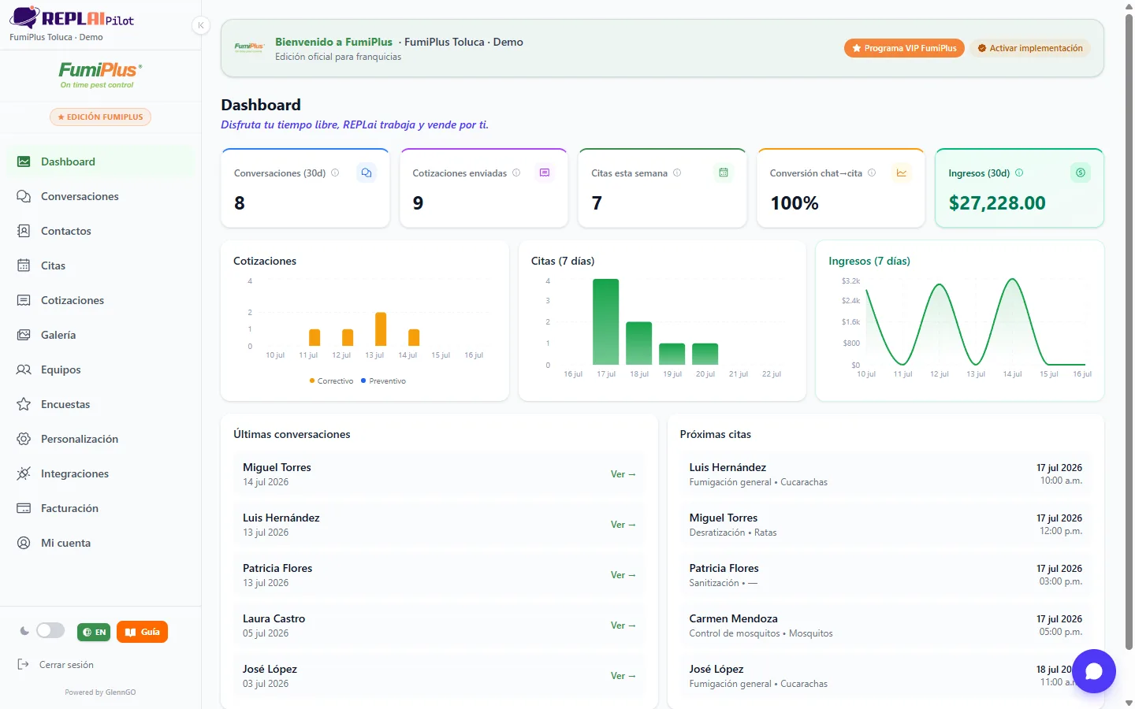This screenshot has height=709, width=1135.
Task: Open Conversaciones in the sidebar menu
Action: (80, 196)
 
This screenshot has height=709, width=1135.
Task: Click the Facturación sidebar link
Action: (69, 508)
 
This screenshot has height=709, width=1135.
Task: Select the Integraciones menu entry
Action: (74, 473)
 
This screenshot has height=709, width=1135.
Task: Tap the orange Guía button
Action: (142, 632)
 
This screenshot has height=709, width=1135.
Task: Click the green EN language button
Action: (94, 632)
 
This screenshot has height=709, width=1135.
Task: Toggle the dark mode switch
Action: (50, 631)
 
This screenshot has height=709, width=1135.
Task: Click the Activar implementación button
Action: (1030, 48)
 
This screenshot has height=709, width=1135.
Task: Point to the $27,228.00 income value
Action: (996, 203)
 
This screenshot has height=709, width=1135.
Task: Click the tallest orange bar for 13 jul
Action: (381, 329)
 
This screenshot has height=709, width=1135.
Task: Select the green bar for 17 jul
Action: (605, 321)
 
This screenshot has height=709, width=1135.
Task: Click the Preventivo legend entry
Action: (383, 380)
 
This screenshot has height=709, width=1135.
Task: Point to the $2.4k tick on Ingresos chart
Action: (850, 300)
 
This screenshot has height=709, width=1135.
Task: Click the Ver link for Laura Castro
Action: (623, 625)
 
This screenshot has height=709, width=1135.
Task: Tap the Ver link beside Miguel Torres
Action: (623, 474)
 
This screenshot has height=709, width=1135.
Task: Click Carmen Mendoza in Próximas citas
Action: (733, 618)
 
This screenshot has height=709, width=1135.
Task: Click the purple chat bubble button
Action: (1093, 671)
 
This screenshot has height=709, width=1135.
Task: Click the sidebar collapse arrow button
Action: (201, 25)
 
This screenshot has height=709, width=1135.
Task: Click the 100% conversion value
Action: (794, 203)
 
